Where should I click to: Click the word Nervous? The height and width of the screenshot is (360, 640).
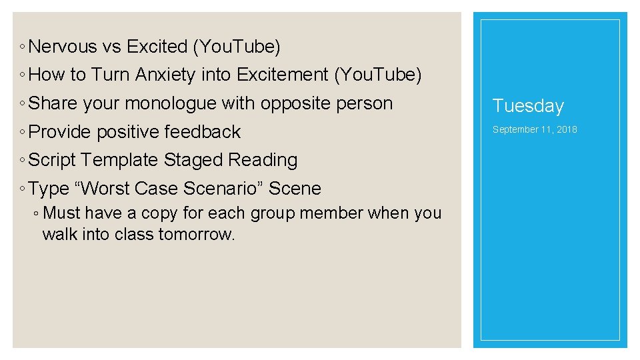coord(63,47)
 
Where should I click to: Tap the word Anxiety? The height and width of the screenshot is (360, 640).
coord(166,75)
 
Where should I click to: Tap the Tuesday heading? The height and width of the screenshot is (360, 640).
coord(528,106)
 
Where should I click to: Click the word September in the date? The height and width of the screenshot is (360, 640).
coord(515,129)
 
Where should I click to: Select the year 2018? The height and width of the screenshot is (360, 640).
coord(567,129)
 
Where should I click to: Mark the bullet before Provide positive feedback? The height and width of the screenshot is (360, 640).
coord(23,133)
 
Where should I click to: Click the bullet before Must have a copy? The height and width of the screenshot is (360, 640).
coord(37,214)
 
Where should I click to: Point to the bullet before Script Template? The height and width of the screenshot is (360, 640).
coord(23,161)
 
